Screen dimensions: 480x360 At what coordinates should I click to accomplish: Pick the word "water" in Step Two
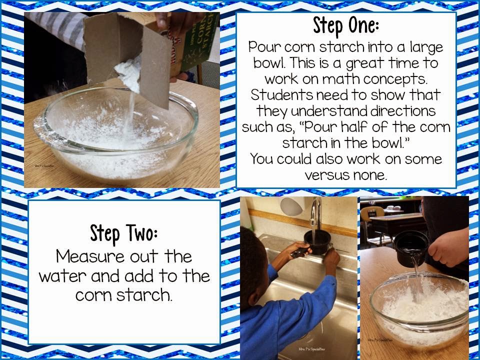(x=63, y=276)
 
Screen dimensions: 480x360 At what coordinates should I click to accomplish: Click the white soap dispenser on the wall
(x=291, y=206)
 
